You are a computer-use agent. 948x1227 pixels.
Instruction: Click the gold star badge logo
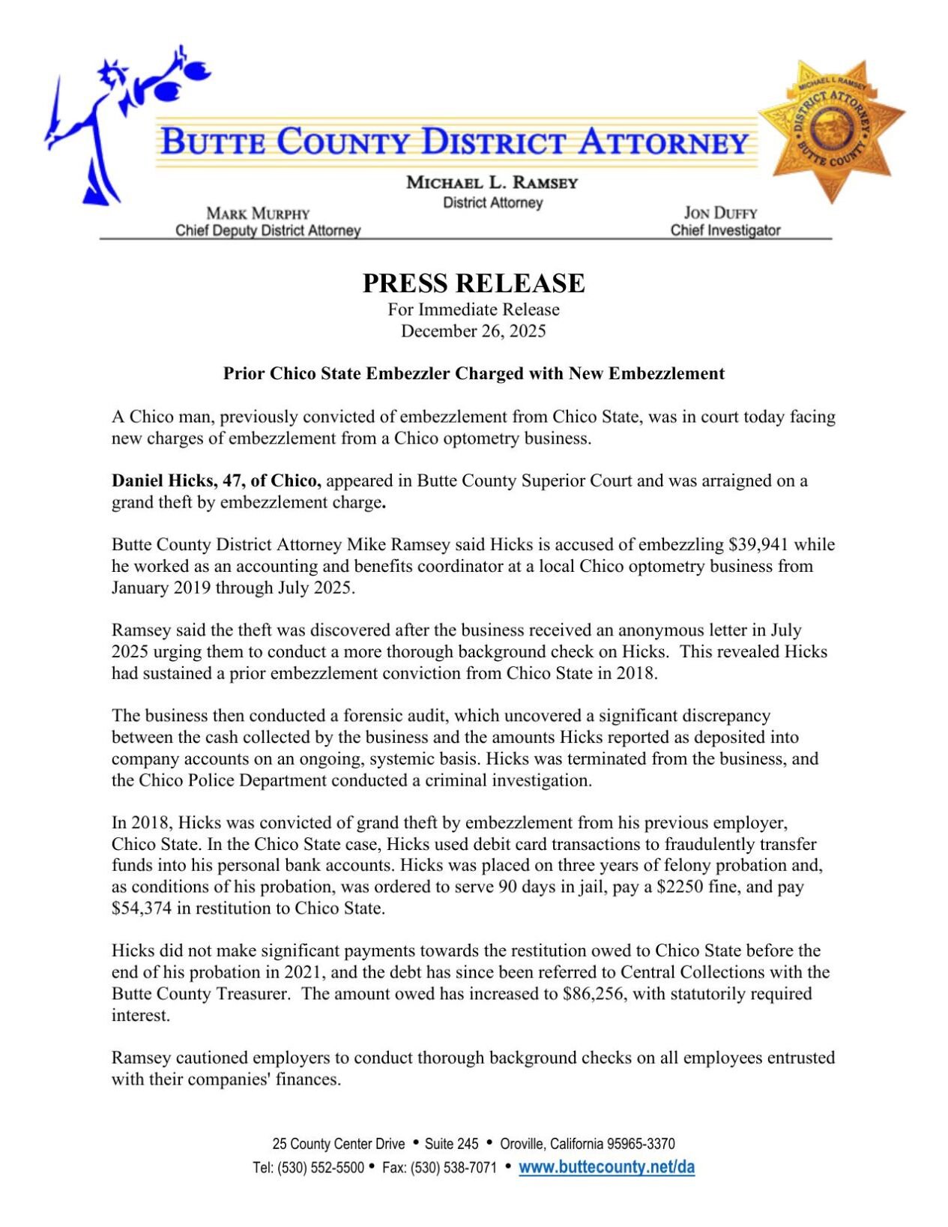[831, 129]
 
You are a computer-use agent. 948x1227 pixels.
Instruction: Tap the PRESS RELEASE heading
[473, 283]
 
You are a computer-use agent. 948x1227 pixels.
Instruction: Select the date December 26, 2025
[473, 331]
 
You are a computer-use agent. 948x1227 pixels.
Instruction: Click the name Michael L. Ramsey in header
[492, 183]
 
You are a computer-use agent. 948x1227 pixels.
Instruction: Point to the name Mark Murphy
[258, 214]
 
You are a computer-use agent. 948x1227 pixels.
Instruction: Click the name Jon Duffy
[720, 213]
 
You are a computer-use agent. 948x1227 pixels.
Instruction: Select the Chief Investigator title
[725, 231]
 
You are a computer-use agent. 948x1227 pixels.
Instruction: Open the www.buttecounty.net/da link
[606, 1167]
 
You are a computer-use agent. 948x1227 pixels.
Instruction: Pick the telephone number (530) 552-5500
[321, 1168]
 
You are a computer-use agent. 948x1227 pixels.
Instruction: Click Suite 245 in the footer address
[451, 1144]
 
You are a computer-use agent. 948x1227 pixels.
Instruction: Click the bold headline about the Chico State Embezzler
[474, 374]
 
